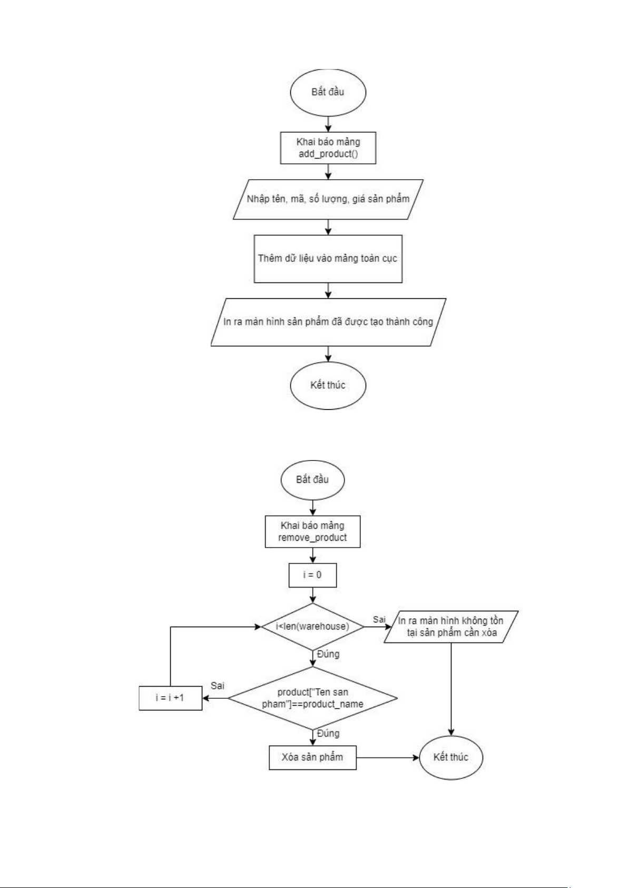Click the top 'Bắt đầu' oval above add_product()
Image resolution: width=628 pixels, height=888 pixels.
tap(328, 92)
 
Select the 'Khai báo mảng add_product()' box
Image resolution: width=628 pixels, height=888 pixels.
tap(328, 148)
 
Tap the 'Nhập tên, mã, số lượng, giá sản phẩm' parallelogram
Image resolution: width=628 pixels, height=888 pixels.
tap(328, 199)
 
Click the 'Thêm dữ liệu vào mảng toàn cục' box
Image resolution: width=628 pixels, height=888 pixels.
tap(328, 259)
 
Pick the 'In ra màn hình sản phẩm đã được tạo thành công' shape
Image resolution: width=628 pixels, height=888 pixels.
tap(328, 322)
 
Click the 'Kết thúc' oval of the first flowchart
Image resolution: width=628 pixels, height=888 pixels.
tap(328, 385)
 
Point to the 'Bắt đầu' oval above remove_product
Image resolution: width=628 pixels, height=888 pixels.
tap(312, 480)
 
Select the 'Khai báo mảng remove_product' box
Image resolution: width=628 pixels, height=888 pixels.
tap(312, 532)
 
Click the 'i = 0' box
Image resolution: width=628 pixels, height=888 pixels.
tap(312, 575)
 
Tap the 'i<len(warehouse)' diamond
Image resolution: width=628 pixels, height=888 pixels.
tap(312, 627)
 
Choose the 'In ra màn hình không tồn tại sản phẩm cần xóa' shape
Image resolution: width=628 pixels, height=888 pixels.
tap(451, 627)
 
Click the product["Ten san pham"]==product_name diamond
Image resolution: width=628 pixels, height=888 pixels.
tap(312, 698)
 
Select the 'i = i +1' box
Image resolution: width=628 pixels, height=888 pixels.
tap(170, 698)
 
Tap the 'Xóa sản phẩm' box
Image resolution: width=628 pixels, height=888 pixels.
tap(312, 757)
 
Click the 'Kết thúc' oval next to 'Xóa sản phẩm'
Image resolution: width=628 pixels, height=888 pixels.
tap(451, 757)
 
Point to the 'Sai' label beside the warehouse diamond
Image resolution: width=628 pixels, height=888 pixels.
tap(379, 620)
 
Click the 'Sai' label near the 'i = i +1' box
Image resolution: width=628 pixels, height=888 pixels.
tap(218, 686)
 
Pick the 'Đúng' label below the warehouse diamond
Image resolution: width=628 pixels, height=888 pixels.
tap(328, 654)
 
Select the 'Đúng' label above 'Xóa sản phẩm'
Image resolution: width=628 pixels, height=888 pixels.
tap(328, 734)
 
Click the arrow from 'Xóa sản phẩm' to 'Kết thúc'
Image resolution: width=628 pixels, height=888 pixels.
tap(387, 758)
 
